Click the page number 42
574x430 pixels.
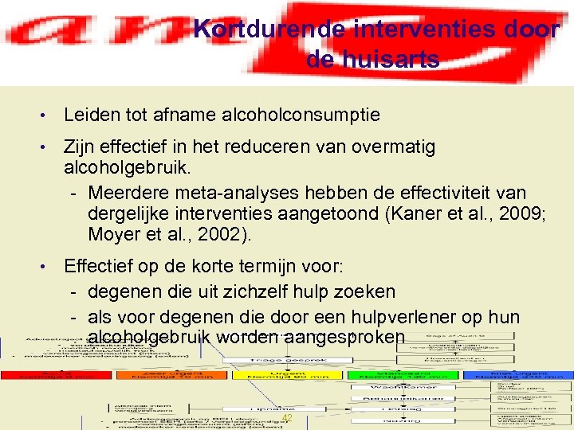[x=288, y=419]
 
